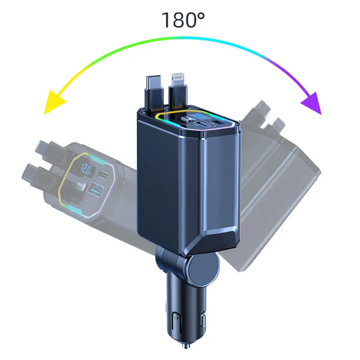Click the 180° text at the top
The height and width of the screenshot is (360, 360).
tap(183, 21)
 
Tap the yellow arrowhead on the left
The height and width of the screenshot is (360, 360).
tap(51, 103)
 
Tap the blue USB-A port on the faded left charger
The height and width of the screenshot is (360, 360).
tap(97, 189)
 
